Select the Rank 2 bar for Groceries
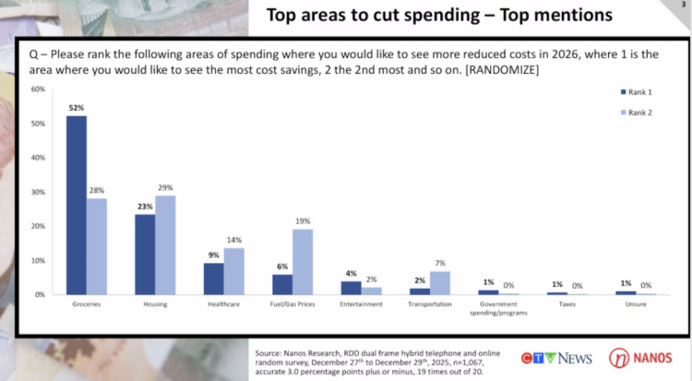pyautogui.click(x=97, y=246)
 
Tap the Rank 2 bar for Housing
pyautogui.click(x=166, y=244)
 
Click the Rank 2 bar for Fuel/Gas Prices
pyautogui.click(x=303, y=262)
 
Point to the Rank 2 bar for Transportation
pyautogui.click(x=439, y=282)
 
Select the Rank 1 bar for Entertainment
pyautogui.click(x=351, y=288)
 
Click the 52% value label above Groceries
pyautogui.click(x=77, y=108)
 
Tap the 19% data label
pyautogui.click(x=303, y=221)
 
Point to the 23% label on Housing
pyautogui.click(x=145, y=207)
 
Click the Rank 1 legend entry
pyautogui.click(x=636, y=92)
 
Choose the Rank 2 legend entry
pyautogui.click(x=636, y=113)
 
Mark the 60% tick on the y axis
pyautogui.click(x=39, y=89)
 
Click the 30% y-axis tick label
pyautogui.click(x=39, y=192)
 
